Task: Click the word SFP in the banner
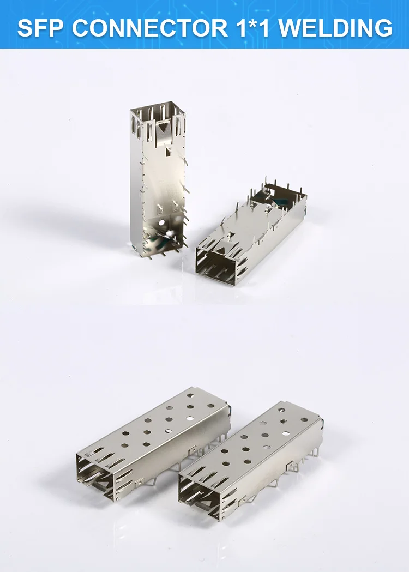pyautogui.click(x=40, y=28)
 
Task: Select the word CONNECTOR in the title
pyautogui.click(x=151, y=28)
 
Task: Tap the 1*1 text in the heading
pyautogui.click(x=253, y=28)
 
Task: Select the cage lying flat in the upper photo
pyautogui.click(x=251, y=233)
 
